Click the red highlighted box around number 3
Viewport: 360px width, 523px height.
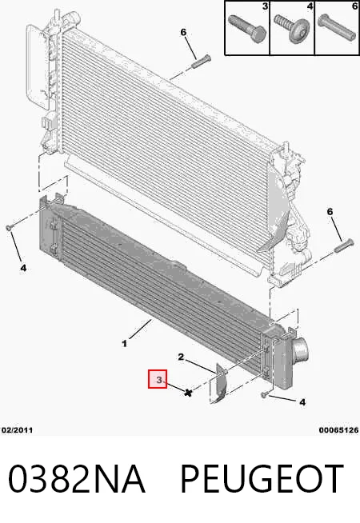pyautogui.click(x=158, y=379)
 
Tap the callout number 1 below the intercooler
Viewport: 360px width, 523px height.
pyautogui.click(x=125, y=343)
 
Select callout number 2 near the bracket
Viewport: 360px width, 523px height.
pyautogui.click(x=181, y=357)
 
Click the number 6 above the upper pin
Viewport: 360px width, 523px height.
pyautogui.click(x=183, y=32)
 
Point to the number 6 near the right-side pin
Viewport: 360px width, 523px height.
pyautogui.click(x=330, y=211)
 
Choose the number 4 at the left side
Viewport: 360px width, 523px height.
pyautogui.click(x=23, y=268)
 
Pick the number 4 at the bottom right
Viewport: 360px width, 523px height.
pyautogui.click(x=302, y=402)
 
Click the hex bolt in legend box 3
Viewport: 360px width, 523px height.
pyautogui.click(x=247, y=29)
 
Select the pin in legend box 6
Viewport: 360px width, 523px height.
pyautogui.click(x=337, y=26)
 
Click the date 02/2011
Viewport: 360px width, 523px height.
pyautogui.click(x=17, y=430)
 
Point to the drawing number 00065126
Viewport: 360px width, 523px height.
pyautogui.click(x=338, y=430)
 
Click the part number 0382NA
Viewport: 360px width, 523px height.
pyautogui.click(x=77, y=479)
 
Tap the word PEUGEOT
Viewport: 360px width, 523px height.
pyautogui.click(x=262, y=479)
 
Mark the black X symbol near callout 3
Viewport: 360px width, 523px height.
pyautogui.click(x=189, y=393)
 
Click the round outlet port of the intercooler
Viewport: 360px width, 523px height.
pyautogui.click(x=300, y=350)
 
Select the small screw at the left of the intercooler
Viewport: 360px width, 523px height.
pyautogui.click(x=9, y=228)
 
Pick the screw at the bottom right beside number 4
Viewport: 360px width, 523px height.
pyautogui.click(x=264, y=395)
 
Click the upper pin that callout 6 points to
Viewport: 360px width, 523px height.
pyautogui.click(x=202, y=62)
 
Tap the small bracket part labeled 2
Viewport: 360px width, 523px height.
pyautogui.click(x=219, y=383)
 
